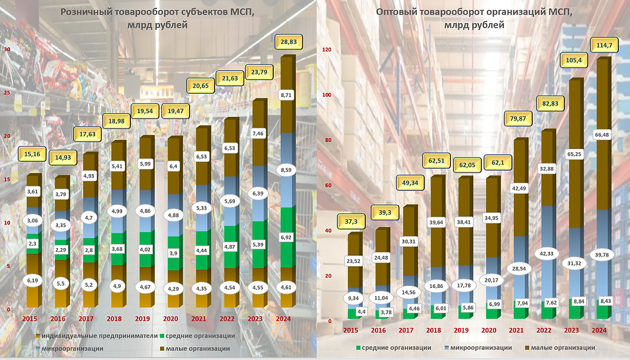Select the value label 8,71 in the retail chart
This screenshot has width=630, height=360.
287,95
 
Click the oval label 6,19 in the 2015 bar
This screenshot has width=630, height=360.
33,281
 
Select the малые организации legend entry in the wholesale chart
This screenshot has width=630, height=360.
565,348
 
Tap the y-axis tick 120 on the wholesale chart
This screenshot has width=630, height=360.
326,50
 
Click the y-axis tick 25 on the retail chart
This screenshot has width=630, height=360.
7,93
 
